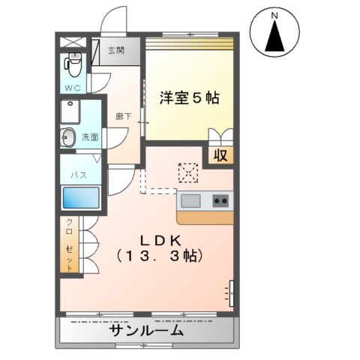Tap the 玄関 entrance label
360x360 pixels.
(115, 51)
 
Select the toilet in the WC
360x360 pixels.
(73, 66)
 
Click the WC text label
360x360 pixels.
(72, 88)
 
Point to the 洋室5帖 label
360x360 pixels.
(189, 97)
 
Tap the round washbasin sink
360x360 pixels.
(68, 137)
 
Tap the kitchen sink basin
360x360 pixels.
(190, 200)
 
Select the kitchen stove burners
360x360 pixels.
(221, 200)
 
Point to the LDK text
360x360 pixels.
(159, 240)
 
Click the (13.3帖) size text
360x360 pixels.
(159, 256)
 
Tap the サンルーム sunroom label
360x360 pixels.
(146, 331)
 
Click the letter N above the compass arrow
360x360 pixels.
(274, 14)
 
